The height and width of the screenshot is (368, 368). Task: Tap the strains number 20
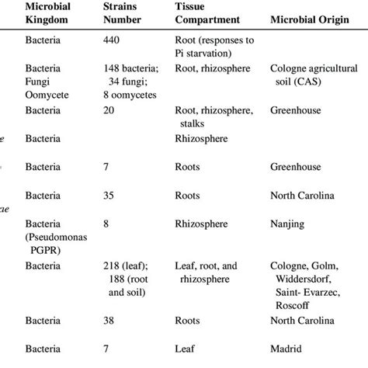click(109, 111)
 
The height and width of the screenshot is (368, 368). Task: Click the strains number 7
click(106, 166)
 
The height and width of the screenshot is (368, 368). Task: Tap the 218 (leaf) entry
click(128, 266)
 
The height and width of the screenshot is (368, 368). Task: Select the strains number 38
click(109, 319)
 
